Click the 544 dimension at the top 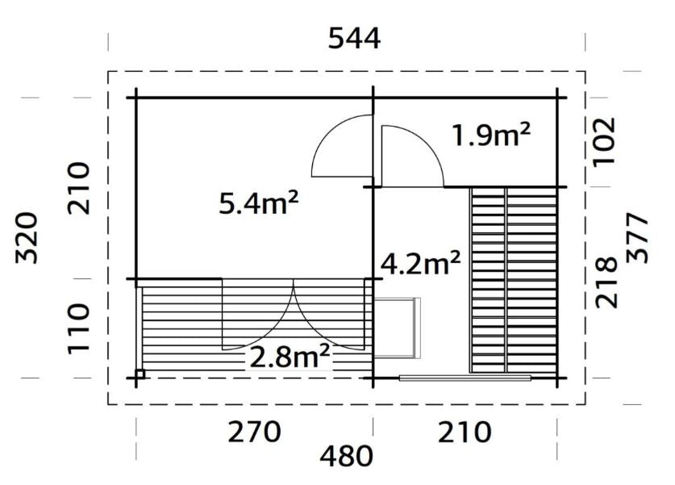click(354, 39)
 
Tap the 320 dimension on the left click(27, 237)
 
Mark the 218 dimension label click(606, 282)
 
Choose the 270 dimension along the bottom click(254, 432)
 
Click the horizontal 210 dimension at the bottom click(465, 432)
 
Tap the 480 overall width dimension click(346, 456)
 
